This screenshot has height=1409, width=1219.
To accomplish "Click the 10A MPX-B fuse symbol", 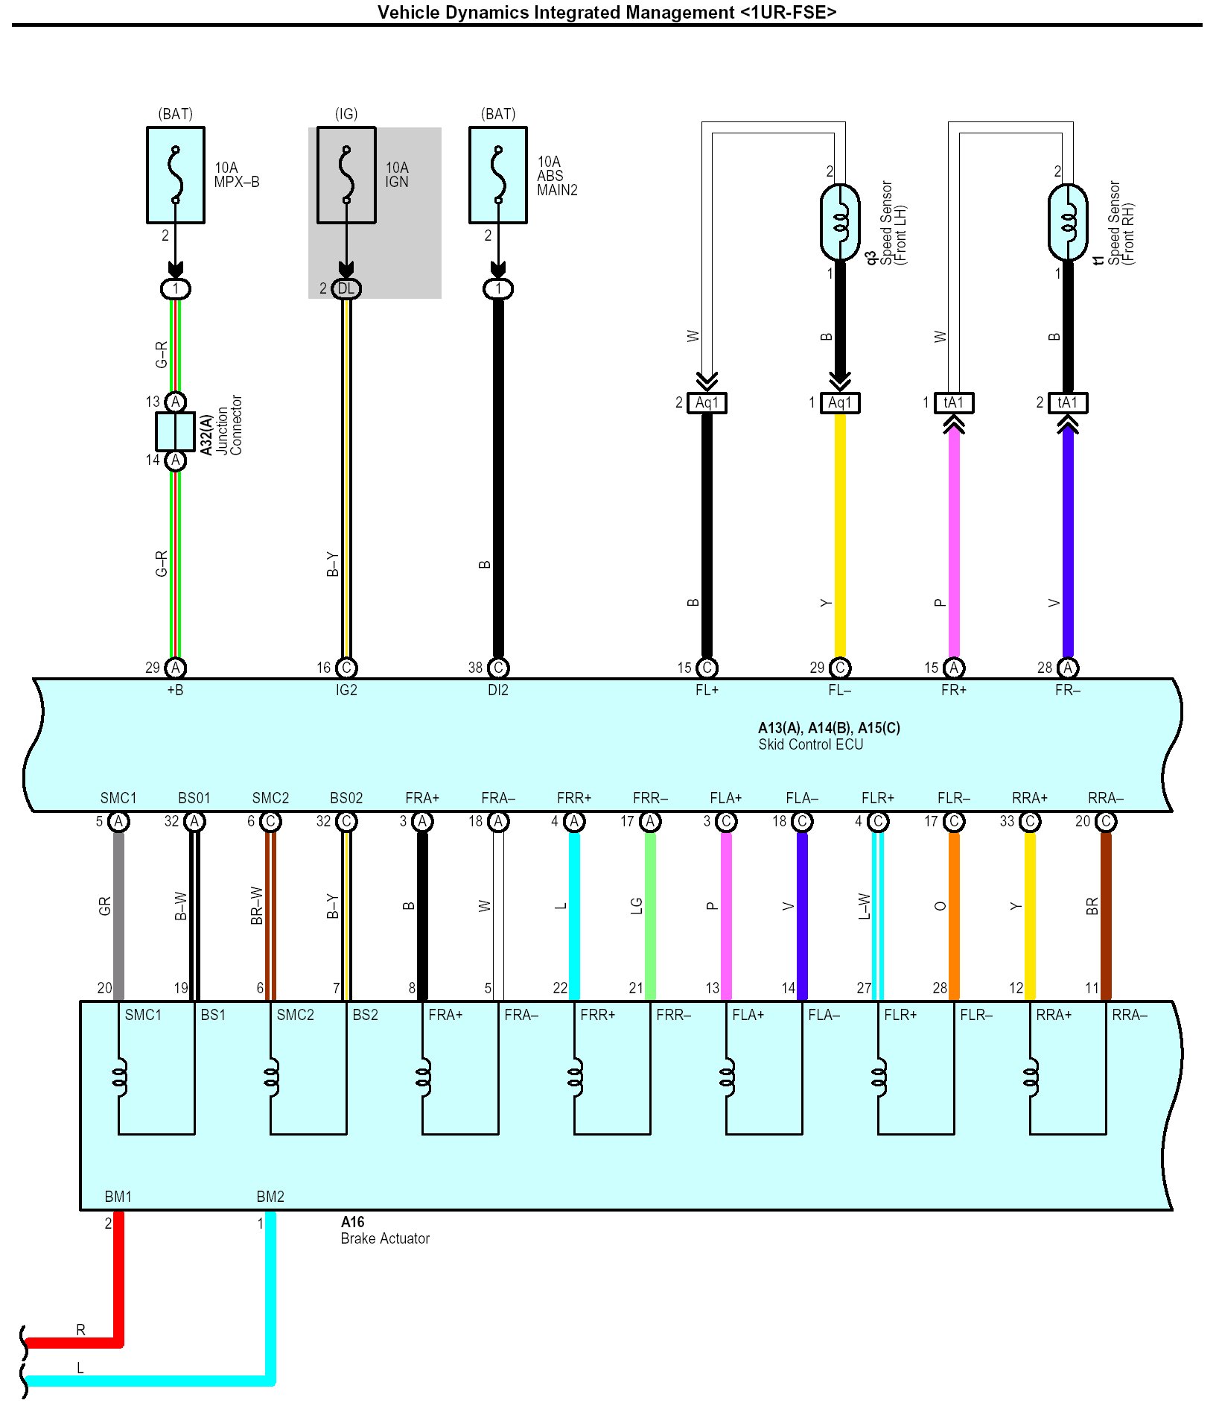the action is (x=176, y=175).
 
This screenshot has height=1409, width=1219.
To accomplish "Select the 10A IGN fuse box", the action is (x=346, y=175).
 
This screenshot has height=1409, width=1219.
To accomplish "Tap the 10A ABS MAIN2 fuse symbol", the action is (x=498, y=175).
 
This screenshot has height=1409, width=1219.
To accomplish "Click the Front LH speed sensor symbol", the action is (x=840, y=222).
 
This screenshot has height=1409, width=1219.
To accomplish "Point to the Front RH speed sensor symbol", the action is (x=1068, y=222).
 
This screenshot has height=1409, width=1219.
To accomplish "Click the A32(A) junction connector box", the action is (x=176, y=431).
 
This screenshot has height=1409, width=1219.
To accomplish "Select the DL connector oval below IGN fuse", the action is (x=346, y=289).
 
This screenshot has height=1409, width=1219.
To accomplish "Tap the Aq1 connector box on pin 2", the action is (x=707, y=403).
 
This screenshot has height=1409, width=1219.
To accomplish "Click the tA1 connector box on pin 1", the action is (x=954, y=403).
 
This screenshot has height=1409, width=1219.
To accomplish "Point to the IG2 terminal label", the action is (x=346, y=690).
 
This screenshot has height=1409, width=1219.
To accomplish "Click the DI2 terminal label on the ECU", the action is (x=498, y=690).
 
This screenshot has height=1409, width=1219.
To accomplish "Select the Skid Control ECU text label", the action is (x=811, y=744).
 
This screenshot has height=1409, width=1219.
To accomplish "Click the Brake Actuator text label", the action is (x=385, y=1238).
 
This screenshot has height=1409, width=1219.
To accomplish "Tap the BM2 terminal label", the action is (x=270, y=1197).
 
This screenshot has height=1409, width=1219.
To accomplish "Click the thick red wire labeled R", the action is (x=74, y=1343).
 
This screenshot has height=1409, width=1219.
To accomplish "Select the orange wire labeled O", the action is (x=954, y=916).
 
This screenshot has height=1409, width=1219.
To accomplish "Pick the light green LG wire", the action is (x=650, y=916).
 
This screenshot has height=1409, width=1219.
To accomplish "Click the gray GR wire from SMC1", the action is (x=118, y=916).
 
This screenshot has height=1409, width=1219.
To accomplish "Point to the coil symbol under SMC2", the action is (x=272, y=1077).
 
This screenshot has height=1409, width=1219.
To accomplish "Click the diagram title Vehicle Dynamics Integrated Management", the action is (x=607, y=13).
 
